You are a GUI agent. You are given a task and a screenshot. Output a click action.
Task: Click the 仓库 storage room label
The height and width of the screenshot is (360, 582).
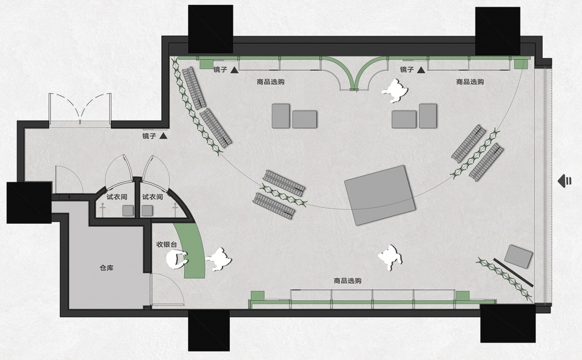pyautogui.click(x=107, y=268)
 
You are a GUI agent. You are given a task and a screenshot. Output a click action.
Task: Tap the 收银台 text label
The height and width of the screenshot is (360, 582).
pyautogui.click(x=166, y=245)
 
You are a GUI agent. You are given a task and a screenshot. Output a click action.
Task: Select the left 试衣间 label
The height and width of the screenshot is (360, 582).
pyautogui.click(x=116, y=197)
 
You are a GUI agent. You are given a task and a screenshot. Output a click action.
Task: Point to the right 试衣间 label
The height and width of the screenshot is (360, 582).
pyautogui.click(x=152, y=197)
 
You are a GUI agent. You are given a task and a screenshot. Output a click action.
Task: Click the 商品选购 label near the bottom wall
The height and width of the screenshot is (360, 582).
pyautogui.click(x=347, y=281)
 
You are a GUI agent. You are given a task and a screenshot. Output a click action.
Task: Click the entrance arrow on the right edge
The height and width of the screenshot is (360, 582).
pyautogui.click(x=564, y=181)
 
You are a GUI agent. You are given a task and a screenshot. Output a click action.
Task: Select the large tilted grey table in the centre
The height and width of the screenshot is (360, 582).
pyautogui.click(x=380, y=195)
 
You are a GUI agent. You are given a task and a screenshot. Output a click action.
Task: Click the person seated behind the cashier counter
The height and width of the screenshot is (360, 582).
pyautogui.click(x=176, y=259)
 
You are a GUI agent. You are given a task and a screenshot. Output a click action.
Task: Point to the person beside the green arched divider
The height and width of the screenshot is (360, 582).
pyautogui.click(x=395, y=90)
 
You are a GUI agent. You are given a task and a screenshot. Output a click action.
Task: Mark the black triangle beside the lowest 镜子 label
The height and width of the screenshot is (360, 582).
pyautogui.click(x=163, y=136)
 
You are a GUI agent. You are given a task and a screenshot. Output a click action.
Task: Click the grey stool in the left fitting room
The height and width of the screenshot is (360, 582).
pyautogui.click(x=128, y=211)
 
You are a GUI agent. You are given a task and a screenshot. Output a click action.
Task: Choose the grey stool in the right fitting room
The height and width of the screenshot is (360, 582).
pyautogui.click(x=147, y=211)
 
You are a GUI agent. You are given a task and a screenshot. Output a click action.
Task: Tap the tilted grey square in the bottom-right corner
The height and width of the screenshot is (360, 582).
pyautogui.click(x=519, y=256)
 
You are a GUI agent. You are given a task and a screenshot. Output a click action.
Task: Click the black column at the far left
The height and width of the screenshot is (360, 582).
pyautogui.click(x=29, y=202)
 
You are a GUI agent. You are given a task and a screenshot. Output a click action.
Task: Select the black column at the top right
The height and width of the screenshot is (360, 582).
pyautogui.click(x=498, y=31)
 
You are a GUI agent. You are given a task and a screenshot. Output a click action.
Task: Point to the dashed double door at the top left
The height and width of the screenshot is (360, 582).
pyautogui.click(x=80, y=108)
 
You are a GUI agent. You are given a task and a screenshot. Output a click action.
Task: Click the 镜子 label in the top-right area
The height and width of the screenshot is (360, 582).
pyautogui.click(x=407, y=70)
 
